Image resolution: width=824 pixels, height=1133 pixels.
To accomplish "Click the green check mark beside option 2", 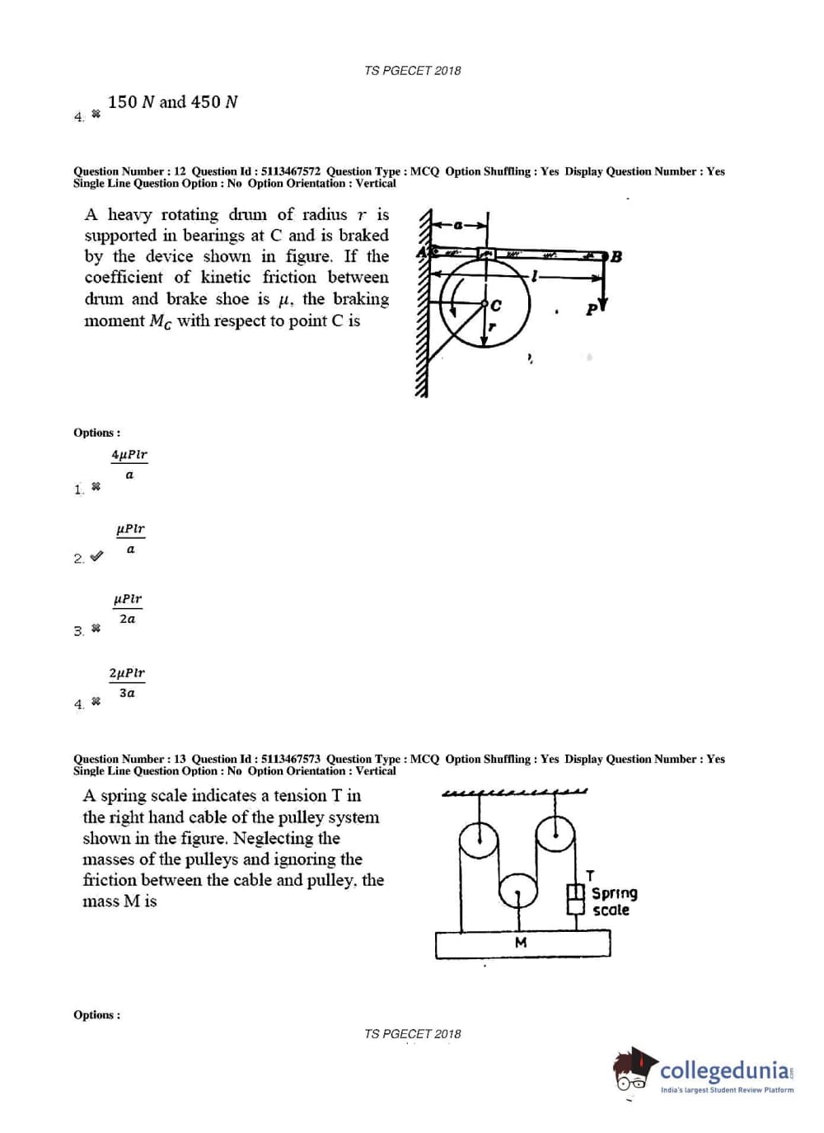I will (96, 556).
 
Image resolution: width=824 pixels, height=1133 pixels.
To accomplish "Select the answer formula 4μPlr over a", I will (129, 464).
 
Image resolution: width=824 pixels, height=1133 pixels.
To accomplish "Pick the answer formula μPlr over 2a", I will (127, 608).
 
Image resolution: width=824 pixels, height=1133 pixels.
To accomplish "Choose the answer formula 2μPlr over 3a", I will (127, 682).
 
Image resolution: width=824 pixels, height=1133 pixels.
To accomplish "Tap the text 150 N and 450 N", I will (172, 102).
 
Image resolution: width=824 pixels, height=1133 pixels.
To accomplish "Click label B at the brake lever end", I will (616, 256).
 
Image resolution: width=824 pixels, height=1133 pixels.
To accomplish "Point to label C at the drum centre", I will (496, 306).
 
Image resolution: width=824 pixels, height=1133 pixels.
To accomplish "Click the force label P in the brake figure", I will (591, 310).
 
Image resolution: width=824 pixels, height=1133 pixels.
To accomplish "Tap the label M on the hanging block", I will (521, 942).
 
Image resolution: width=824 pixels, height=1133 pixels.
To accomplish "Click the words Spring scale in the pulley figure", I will (614, 901).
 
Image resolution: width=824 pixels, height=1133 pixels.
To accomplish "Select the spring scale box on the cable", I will (575, 899).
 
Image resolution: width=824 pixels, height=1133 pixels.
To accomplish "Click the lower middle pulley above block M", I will (518, 892).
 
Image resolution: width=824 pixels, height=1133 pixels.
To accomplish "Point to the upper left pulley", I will (479, 840).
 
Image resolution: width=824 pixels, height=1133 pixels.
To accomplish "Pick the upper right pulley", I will (555, 835).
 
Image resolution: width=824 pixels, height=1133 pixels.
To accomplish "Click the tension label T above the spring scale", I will (590, 875).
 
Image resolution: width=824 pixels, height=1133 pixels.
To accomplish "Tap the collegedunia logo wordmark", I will (725, 1070).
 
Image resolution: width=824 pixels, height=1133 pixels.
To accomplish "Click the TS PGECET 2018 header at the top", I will (413, 71).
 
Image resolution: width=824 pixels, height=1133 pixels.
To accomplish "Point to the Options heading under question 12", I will (96, 433).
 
